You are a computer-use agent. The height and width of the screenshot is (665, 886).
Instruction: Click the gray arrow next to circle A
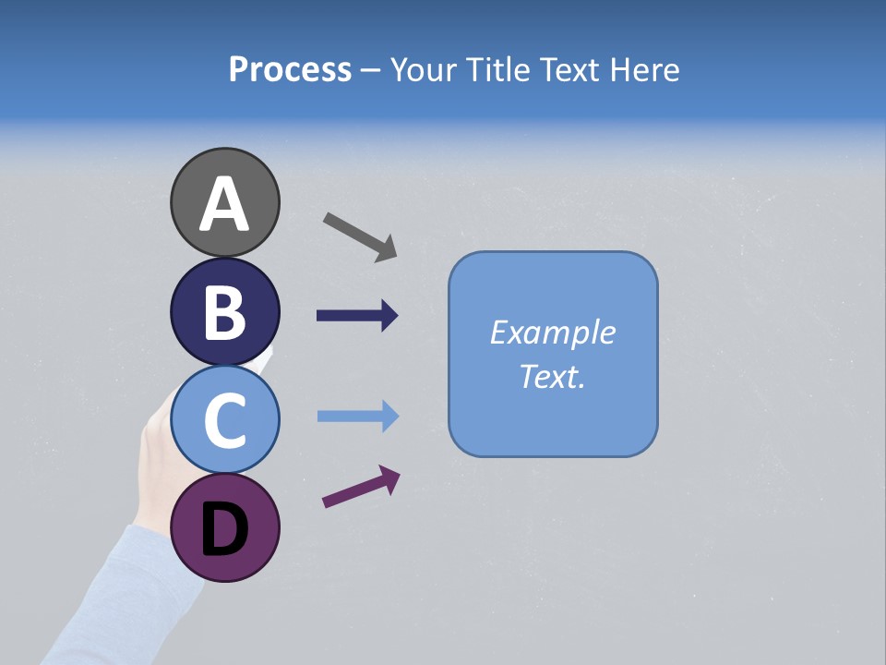pos(360,236)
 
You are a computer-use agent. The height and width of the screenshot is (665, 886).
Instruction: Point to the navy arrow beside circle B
pos(357,316)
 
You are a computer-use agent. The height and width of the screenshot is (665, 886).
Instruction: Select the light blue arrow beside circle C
pos(357,417)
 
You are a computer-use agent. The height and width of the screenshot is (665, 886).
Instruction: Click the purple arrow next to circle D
pos(361,487)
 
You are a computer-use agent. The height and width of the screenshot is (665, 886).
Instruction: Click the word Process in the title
pos(290,69)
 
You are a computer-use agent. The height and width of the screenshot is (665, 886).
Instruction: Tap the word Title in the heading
pos(497,69)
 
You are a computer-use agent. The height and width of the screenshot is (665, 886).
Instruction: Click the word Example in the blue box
pos(552,332)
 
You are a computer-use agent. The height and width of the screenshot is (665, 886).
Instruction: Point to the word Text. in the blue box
pos(552,376)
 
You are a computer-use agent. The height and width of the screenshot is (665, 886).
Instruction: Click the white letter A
pos(225,205)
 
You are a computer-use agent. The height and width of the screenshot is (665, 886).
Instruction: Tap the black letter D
pos(225,531)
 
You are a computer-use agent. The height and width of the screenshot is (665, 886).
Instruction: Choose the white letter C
pos(225,421)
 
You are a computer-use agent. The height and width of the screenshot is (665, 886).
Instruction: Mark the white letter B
pos(225,313)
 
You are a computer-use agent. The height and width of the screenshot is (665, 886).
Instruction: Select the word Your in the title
pos(422,69)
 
